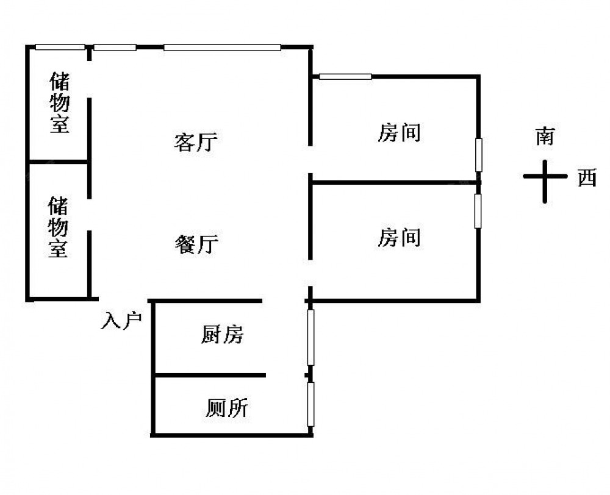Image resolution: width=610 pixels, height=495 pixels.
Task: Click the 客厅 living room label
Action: tap(196, 143)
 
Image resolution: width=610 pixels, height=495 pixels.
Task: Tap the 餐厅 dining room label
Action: tap(196, 244)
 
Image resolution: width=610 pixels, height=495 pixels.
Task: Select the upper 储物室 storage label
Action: tap(59, 102)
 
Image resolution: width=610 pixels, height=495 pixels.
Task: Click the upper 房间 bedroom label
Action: tap(399, 132)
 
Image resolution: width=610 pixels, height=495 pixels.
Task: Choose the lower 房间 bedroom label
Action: tap(399, 237)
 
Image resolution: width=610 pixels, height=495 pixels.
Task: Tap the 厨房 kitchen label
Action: tap(223, 334)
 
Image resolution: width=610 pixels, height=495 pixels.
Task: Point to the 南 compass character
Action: tap(545, 136)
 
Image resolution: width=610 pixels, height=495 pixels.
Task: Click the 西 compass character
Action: tap(587, 179)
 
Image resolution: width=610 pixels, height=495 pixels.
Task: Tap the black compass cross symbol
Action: tap(545, 179)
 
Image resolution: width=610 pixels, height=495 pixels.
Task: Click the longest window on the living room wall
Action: tap(222, 47)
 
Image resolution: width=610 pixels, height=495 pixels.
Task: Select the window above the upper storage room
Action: tap(60, 47)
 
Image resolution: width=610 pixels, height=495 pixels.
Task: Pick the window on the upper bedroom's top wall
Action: tap(345, 76)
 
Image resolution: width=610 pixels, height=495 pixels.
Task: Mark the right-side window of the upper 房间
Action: tap(479, 155)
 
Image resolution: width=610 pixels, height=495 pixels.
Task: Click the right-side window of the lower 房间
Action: tap(478, 210)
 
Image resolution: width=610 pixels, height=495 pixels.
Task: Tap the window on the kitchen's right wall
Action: tap(310, 338)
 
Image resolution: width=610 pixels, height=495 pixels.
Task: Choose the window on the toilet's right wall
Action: tap(310, 404)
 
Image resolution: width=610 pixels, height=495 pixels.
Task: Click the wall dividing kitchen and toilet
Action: tap(209, 375)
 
